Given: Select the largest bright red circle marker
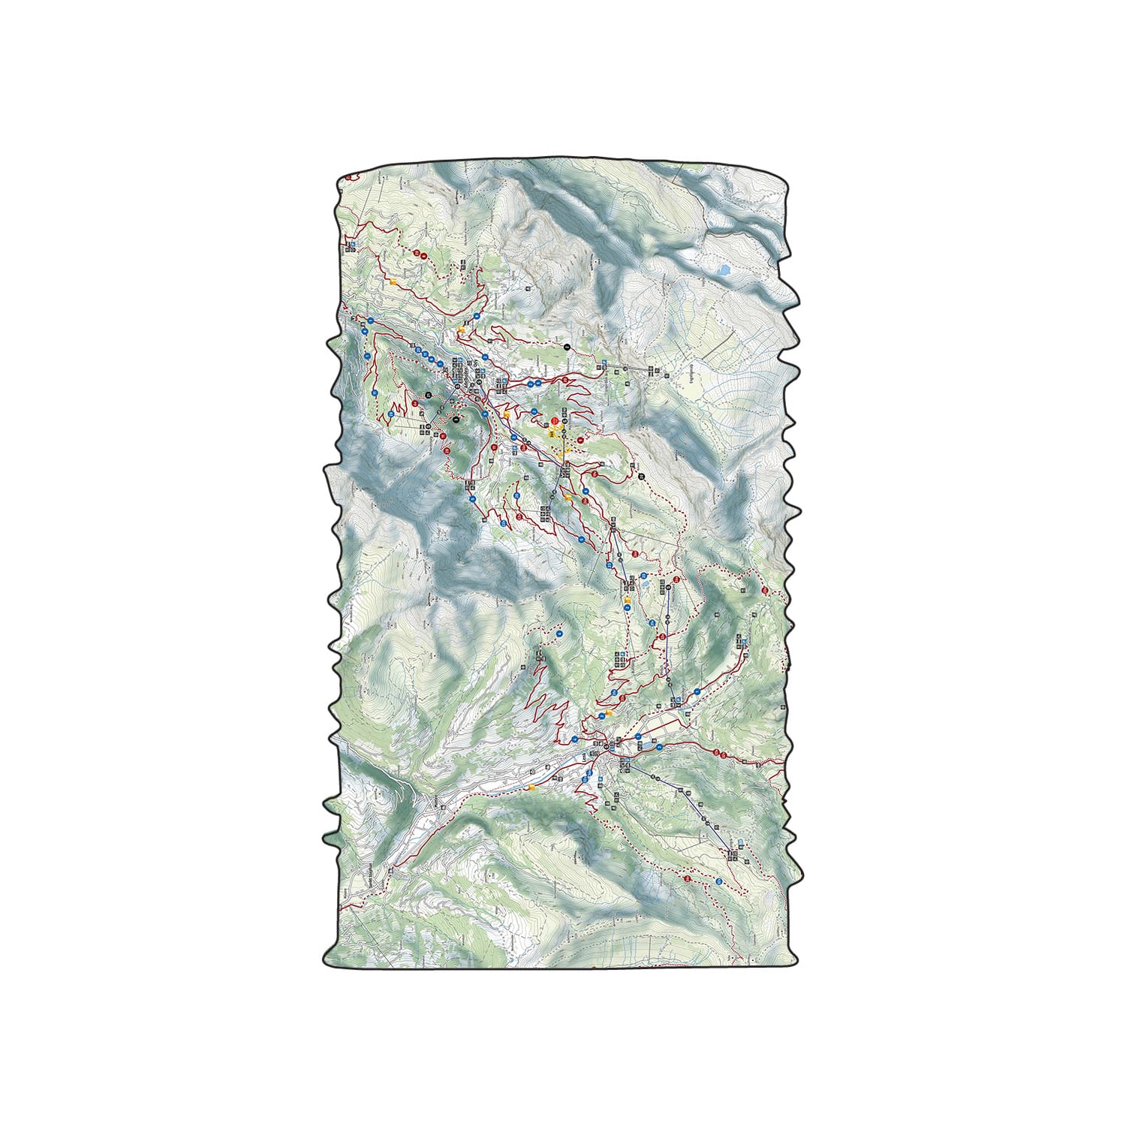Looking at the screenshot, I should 555,423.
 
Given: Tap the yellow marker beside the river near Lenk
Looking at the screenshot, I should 532,787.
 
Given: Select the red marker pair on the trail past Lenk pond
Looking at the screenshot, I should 720,754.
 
